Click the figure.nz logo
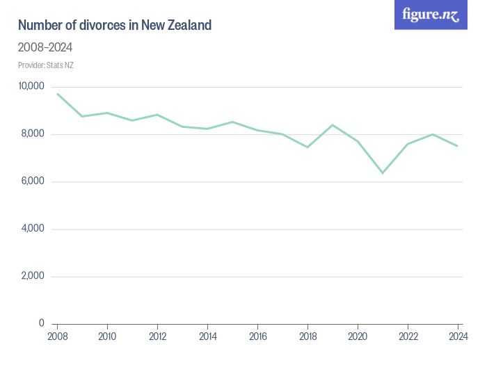[x=431, y=15]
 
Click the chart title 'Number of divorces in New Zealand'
[x=115, y=26]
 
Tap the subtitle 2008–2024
[x=45, y=48]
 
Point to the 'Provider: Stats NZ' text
[x=46, y=65]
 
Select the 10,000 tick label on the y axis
[x=31, y=86]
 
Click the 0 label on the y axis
[x=42, y=323]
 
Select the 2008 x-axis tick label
[x=57, y=338]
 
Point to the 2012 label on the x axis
[x=157, y=338]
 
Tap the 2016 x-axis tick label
[x=257, y=338]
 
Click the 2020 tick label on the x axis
[x=358, y=338]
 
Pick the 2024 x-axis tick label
[x=458, y=338]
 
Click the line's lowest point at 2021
[x=383, y=172]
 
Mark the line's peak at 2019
[x=333, y=125]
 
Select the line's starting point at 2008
[x=57, y=94]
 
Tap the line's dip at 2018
[x=308, y=147]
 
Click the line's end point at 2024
[x=458, y=146]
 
